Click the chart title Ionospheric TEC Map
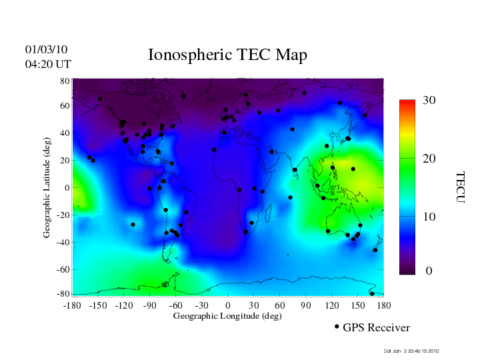pos(227,55)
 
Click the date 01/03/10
pos(47,49)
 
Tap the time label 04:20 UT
pos(48,64)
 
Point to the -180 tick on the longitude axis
pos(72,305)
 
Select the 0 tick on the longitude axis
pos(228,305)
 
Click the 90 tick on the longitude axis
pos(306,305)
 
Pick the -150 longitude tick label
pos(98,305)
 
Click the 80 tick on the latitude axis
pos(65,81)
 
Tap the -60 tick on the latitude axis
pos(63,270)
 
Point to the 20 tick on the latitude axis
pos(65,161)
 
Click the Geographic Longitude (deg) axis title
pos(227,316)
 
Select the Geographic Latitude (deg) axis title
pos(47,193)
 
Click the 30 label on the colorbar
pos(429,101)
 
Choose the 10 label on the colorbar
pos(429,217)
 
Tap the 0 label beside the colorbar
pos(429,271)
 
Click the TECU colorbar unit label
pos(460,187)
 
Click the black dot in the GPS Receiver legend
pos(337,327)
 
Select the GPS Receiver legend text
pos(377,328)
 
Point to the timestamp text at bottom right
pos(411,350)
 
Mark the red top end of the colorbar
pos(407,103)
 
